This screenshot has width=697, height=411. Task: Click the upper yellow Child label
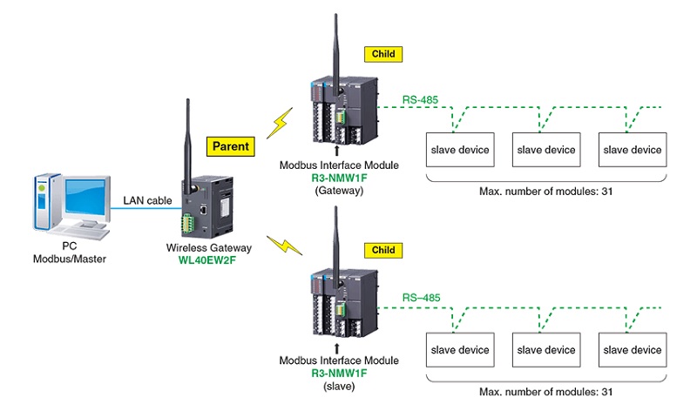pyautogui.click(x=383, y=53)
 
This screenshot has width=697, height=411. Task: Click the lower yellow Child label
pyautogui.click(x=383, y=250)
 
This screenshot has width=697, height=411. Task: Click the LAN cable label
pyautogui.click(x=145, y=201)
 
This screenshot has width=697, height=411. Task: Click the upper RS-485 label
pyautogui.click(x=421, y=99)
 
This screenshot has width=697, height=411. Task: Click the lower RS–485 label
pyautogui.click(x=422, y=297)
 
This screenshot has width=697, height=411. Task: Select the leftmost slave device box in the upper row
pyautogui.click(x=457, y=150)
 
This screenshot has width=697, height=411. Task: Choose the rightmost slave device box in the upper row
pyautogui.click(x=633, y=150)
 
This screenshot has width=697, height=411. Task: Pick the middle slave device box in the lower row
pyautogui.click(x=545, y=350)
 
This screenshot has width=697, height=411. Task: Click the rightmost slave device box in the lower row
pyautogui.click(x=633, y=350)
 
